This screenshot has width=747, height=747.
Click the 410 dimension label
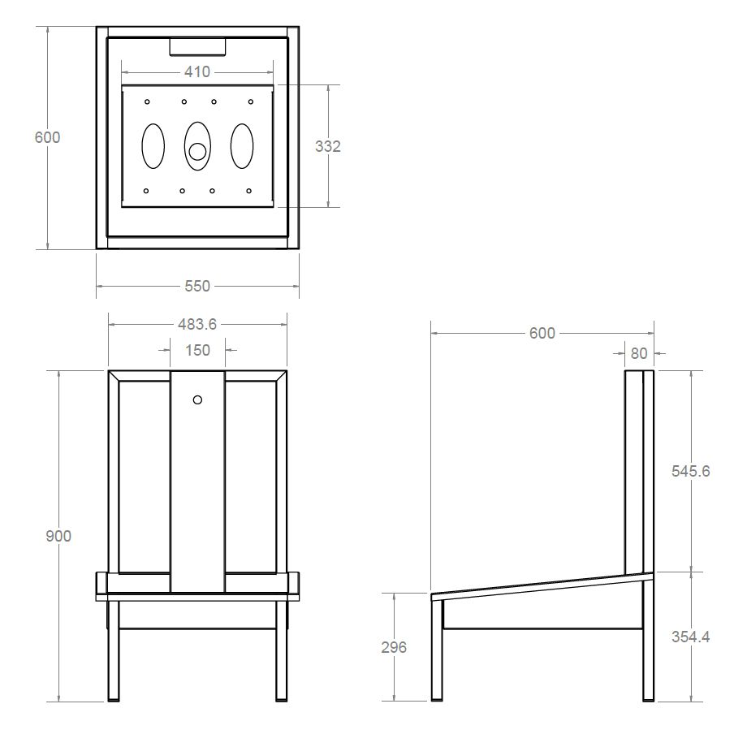[197, 71]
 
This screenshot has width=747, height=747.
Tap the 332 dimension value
[328, 146]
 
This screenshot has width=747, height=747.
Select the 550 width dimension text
[197, 286]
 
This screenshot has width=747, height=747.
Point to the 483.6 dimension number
[197, 324]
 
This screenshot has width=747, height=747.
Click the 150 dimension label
[197, 350]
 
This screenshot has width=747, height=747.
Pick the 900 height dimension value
[58, 536]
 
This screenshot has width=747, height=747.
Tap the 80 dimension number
[639, 352]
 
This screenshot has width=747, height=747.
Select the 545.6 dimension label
[691, 471]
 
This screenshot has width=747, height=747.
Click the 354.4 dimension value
[691, 637]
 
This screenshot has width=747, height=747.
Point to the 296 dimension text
[394, 647]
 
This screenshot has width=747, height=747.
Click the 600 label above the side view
[542, 333]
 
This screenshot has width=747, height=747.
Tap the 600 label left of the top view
[47, 137]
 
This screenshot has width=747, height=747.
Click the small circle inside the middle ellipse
[197, 151]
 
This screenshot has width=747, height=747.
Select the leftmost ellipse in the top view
[153, 147]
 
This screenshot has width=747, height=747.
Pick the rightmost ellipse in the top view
[242, 147]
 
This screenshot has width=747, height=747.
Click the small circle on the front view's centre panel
[197, 399]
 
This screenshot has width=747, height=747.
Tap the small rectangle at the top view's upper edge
[197, 46]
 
